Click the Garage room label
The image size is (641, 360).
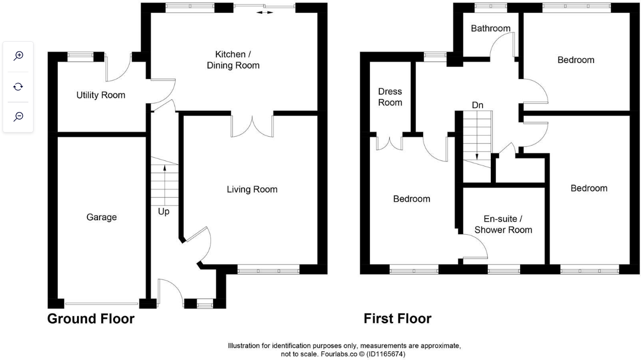[x=101, y=217]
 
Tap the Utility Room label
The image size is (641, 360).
[x=101, y=95]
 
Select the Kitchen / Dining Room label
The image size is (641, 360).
[x=233, y=60]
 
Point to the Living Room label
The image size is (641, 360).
[x=252, y=189]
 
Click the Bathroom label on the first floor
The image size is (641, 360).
[x=490, y=28]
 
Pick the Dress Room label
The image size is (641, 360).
[x=390, y=97]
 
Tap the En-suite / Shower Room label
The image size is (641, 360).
[x=503, y=224]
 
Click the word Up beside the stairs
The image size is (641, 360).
[x=164, y=211]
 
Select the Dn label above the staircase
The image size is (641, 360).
[x=477, y=105]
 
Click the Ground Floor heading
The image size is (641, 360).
[x=91, y=319]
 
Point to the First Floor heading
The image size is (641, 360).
[x=397, y=319]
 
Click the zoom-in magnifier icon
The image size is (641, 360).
[x=19, y=56]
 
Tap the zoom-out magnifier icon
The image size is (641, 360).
[x=19, y=117]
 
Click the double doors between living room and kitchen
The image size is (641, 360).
[x=252, y=126]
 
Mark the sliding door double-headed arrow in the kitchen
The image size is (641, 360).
[x=265, y=12]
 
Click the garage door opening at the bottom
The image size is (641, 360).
[x=101, y=303]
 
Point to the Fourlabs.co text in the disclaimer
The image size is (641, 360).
[x=318, y=355]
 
